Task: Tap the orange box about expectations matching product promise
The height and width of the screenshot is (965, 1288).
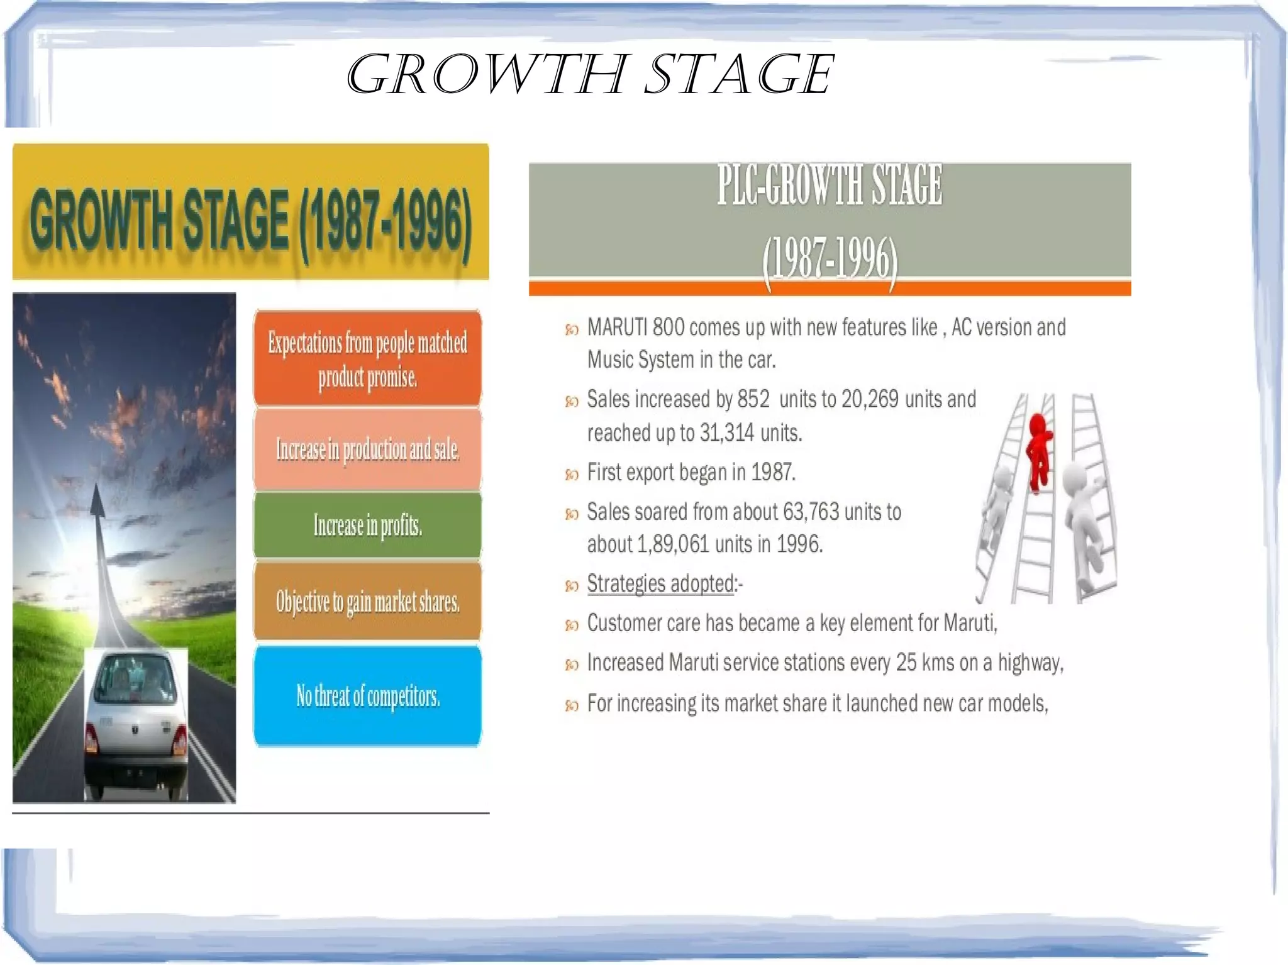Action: [x=367, y=358]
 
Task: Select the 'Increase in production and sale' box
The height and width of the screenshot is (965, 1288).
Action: [x=367, y=449]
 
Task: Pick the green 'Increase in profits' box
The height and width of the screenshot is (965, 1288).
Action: [x=367, y=526]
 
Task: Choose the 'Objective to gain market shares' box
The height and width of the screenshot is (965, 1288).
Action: [x=367, y=602]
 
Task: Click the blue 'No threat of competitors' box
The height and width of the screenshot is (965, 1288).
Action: [x=367, y=696]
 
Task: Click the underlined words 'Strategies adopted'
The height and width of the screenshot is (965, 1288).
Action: [x=660, y=583]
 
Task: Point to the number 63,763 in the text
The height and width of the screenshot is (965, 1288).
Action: [x=811, y=512]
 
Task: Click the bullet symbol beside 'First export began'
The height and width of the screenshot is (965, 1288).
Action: [x=572, y=474]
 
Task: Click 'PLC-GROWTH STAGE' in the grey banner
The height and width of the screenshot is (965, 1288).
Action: [x=830, y=185]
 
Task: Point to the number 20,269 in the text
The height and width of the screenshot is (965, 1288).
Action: [x=870, y=399]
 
